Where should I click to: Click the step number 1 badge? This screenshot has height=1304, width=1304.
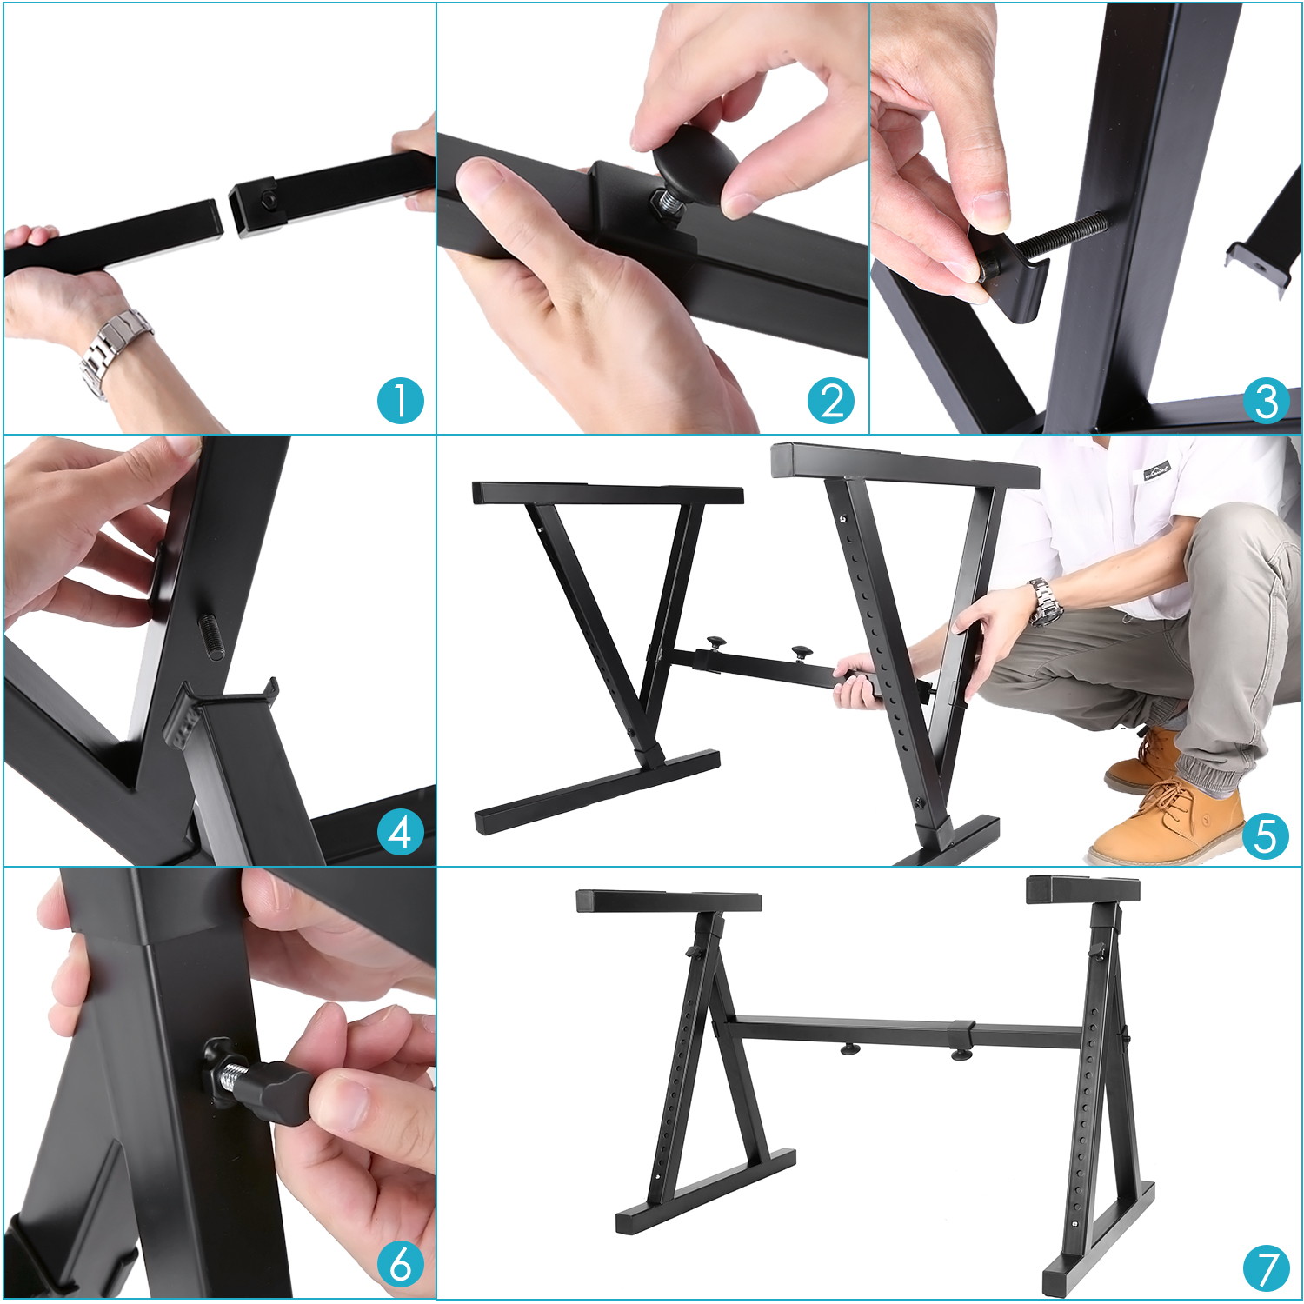click(400, 401)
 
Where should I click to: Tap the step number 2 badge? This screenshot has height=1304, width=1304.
click(831, 401)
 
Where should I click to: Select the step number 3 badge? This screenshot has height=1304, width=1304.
click(1265, 401)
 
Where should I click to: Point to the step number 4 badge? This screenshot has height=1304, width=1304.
click(400, 832)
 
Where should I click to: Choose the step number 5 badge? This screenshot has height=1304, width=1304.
click(1265, 835)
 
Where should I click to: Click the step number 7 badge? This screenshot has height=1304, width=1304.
click(1265, 1268)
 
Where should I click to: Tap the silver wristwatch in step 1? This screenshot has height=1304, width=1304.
click(113, 348)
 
